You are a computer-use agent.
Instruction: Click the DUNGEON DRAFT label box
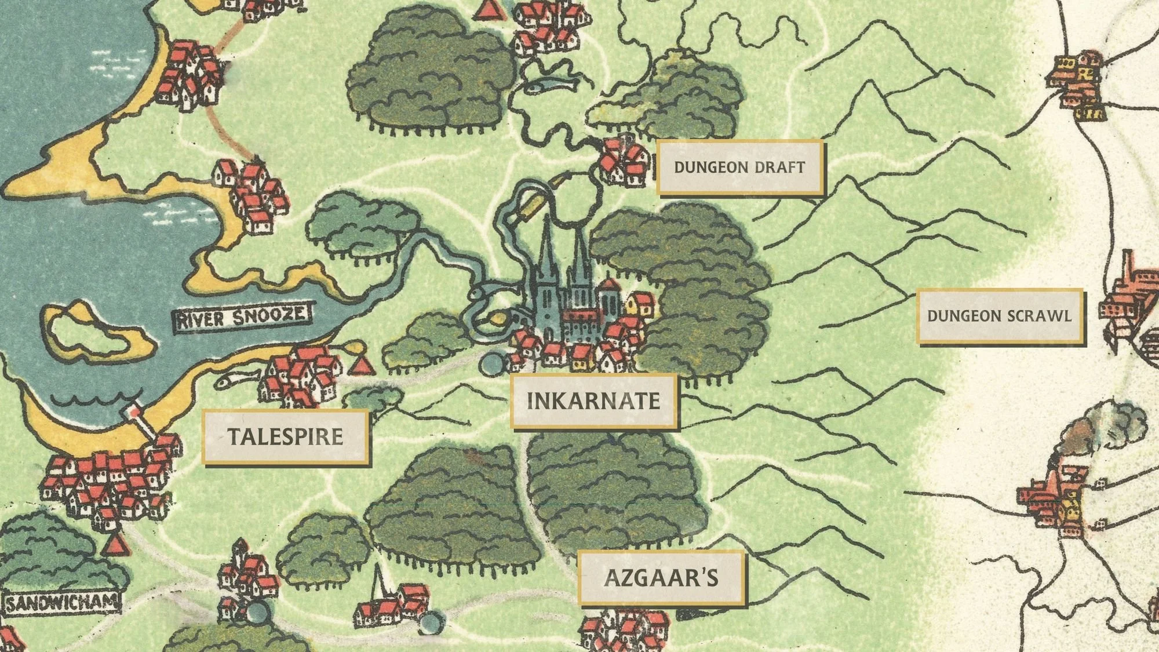pyautogui.click(x=740, y=167)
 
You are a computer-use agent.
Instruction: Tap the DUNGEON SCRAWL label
pyautogui.click(x=1000, y=316)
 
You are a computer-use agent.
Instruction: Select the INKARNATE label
pyautogui.click(x=593, y=401)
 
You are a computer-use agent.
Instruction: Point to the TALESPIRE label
pyautogui.click(x=285, y=436)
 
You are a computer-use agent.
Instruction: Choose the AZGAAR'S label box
pyautogui.click(x=661, y=578)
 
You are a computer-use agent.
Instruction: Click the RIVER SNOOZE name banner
pyautogui.click(x=242, y=318)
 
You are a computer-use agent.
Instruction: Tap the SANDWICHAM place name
pyautogui.click(x=61, y=603)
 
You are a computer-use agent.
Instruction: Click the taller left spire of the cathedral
pyautogui.click(x=546, y=249)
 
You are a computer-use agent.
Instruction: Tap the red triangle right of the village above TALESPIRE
pyautogui.click(x=362, y=366)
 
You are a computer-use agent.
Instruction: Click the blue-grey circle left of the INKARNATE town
pyautogui.click(x=493, y=365)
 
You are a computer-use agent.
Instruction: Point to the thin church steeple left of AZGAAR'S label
pyautogui.click(x=378, y=580)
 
